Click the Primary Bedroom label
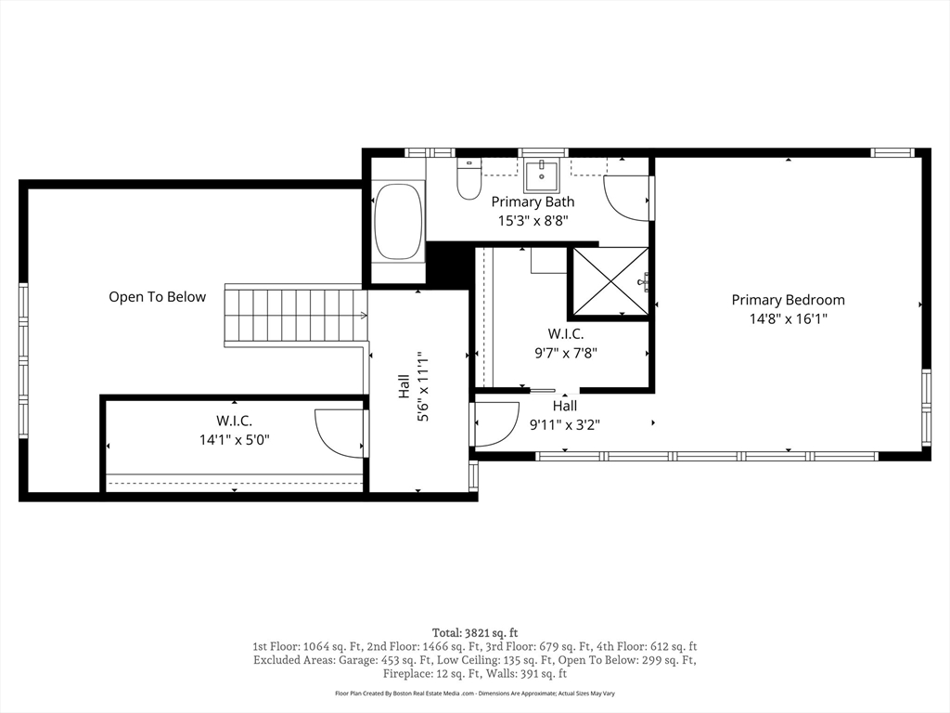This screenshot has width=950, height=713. tap(788, 300)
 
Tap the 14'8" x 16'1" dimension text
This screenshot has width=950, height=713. tap(789, 319)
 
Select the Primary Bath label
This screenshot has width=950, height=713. tap(533, 201)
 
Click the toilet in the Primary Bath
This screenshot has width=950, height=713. tap(469, 179)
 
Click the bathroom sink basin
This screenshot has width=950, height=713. tap(542, 175)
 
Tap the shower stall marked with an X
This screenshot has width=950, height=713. tap(610, 281)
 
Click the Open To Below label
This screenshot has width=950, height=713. tap(158, 297)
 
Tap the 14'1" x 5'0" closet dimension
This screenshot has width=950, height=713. tap(235, 439)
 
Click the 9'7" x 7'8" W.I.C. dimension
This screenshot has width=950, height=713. tap(566, 353)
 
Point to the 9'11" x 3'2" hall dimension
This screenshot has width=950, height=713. tap(565, 425)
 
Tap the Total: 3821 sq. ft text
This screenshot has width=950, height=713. tap(475, 633)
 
